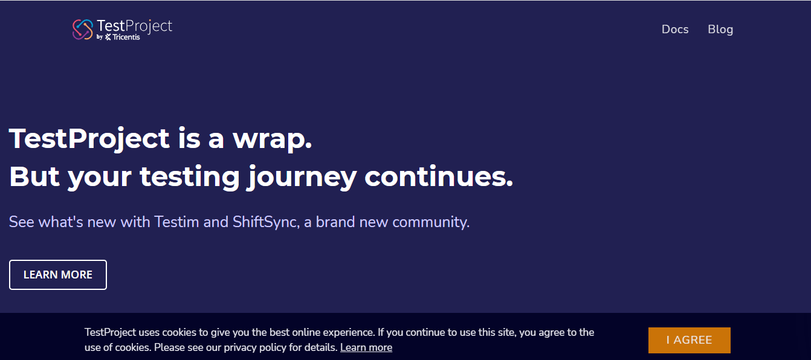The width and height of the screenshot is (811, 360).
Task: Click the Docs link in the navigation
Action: click(675, 30)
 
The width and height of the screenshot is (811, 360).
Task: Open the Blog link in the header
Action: click(720, 30)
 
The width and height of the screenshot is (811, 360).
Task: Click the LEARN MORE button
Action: click(58, 275)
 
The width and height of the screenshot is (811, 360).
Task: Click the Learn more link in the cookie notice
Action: click(366, 347)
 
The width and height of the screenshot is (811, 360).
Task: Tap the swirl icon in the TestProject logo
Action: click(83, 30)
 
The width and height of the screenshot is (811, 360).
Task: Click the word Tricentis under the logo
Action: click(126, 37)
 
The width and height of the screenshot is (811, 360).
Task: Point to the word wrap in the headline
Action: click(272, 139)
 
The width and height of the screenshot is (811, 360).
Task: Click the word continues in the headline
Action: click(439, 176)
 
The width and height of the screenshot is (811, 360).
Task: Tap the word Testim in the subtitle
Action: click(176, 222)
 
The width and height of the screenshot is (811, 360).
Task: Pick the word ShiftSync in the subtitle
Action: click(266, 222)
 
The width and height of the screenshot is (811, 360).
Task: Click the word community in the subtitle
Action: click(431, 222)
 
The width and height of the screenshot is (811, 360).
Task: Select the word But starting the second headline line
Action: click(34, 176)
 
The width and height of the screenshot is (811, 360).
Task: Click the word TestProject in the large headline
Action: click(89, 139)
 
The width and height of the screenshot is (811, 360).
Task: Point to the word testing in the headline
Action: click(190, 178)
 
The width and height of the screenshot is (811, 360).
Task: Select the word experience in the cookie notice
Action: click(348, 332)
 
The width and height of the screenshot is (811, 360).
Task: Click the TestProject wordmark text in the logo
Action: click(134, 26)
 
